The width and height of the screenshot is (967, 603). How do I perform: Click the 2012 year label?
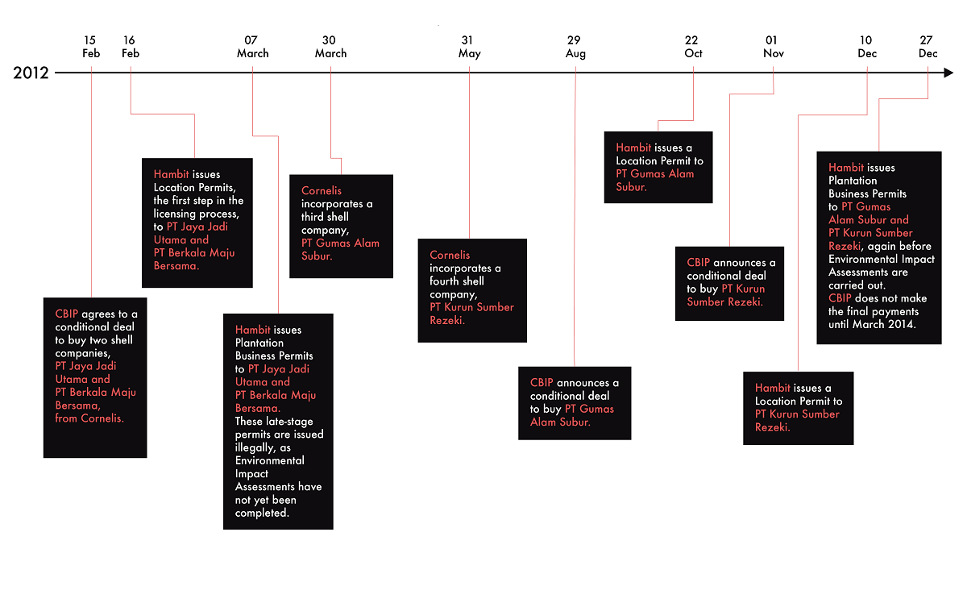tap(31, 73)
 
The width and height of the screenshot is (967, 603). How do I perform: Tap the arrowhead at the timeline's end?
tap(948, 73)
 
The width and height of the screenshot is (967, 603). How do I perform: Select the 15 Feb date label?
tap(91, 47)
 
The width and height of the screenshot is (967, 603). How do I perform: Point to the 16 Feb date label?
tap(130, 47)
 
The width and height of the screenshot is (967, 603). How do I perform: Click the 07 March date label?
tap(252, 47)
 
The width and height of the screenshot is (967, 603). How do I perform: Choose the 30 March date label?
tap(330, 47)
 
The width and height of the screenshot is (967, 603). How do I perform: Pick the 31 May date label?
tap(469, 47)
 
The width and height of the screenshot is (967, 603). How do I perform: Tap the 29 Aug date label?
tap(575, 47)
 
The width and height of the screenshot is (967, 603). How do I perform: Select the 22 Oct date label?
tap(693, 47)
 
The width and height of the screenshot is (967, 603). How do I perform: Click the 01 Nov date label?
tap(773, 47)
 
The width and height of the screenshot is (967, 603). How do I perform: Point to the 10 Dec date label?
tap(867, 47)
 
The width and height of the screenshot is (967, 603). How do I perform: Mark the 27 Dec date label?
tap(928, 47)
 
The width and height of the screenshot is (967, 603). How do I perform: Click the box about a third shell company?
tap(341, 227)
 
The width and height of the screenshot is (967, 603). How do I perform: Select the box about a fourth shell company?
tap(472, 290)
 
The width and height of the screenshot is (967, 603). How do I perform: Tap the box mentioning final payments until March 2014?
tap(878, 247)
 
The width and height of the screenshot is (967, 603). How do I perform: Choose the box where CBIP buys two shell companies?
tap(95, 377)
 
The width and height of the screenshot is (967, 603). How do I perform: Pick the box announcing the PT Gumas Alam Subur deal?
tap(575, 403)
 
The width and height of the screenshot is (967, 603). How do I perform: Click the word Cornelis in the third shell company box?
tap(322, 191)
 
